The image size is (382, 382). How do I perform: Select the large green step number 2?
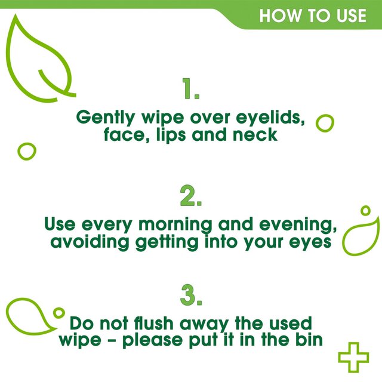click(191, 196)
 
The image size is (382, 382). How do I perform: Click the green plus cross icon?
click(353, 357)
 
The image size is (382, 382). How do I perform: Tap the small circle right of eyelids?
click(324, 123)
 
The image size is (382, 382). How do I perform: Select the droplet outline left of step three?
click(30, 317)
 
